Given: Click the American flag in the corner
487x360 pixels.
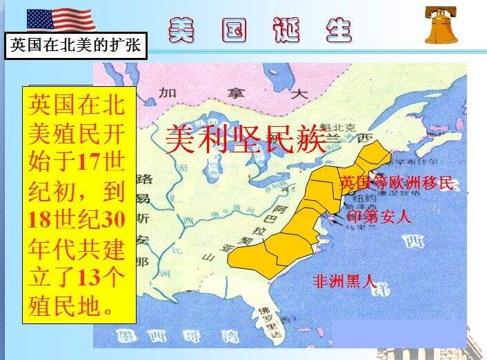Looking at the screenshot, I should (61, 19).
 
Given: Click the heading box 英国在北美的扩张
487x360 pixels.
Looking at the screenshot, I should (77, 46).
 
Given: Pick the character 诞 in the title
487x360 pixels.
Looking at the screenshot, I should (282, 30).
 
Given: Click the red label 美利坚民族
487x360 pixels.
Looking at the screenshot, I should (245, 139).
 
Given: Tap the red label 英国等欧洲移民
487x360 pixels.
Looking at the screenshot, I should (397, 183).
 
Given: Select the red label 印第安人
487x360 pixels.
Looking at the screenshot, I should (379, 217).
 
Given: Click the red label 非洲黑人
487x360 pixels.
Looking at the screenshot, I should (344, 281).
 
